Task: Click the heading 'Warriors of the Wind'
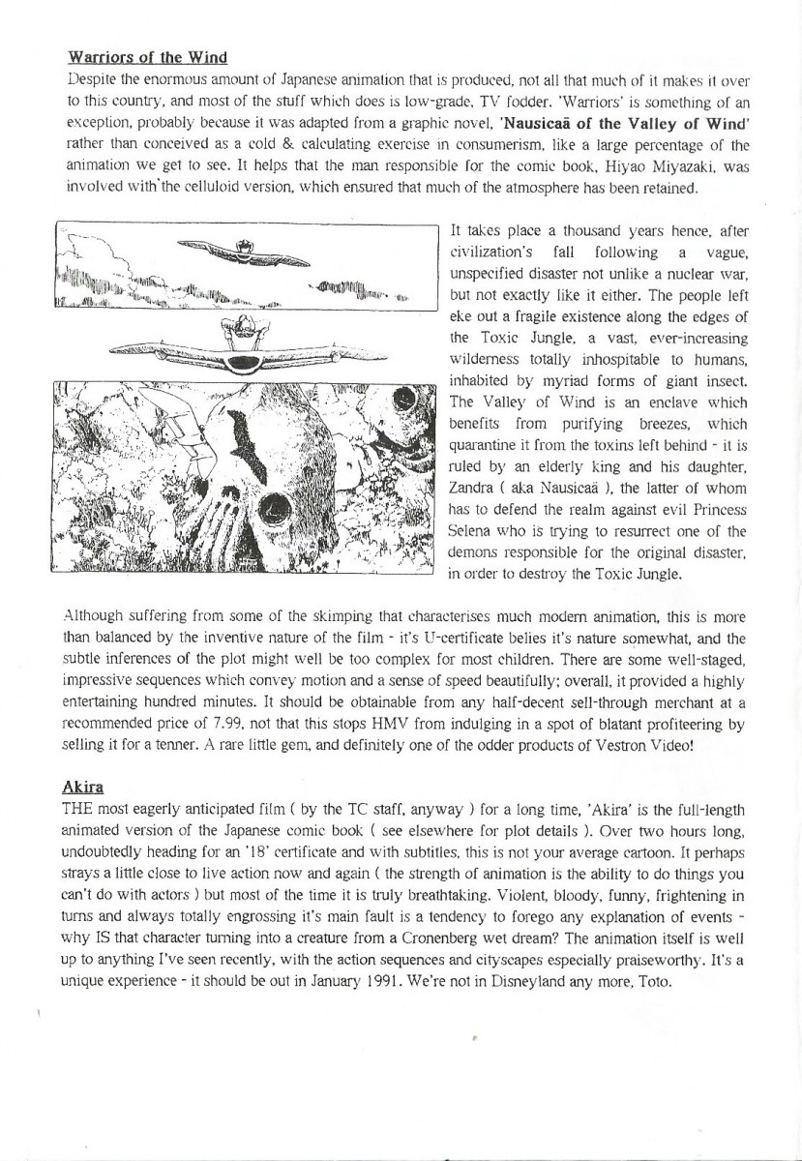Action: tap(147, 56)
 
